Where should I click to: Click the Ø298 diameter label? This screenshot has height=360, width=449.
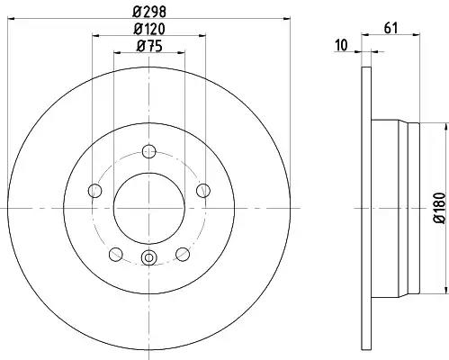(x=149, y=12)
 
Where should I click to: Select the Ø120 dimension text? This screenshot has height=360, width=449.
(x=149, y=29)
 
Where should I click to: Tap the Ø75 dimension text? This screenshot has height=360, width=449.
(x=149, y=47)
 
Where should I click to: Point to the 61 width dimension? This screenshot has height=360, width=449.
(x=391, y=28)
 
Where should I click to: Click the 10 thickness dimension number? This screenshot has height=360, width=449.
(x=342, y=45)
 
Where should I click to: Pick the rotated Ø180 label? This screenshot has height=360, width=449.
(x=440, y=208)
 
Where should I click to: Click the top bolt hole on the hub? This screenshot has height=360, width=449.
(x=149, y=151)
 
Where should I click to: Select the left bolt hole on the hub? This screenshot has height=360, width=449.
(x=95, y=190)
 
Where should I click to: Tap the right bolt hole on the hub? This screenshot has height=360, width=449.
(x=203, y=190)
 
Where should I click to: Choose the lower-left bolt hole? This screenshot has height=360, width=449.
(x=116, y=254)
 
